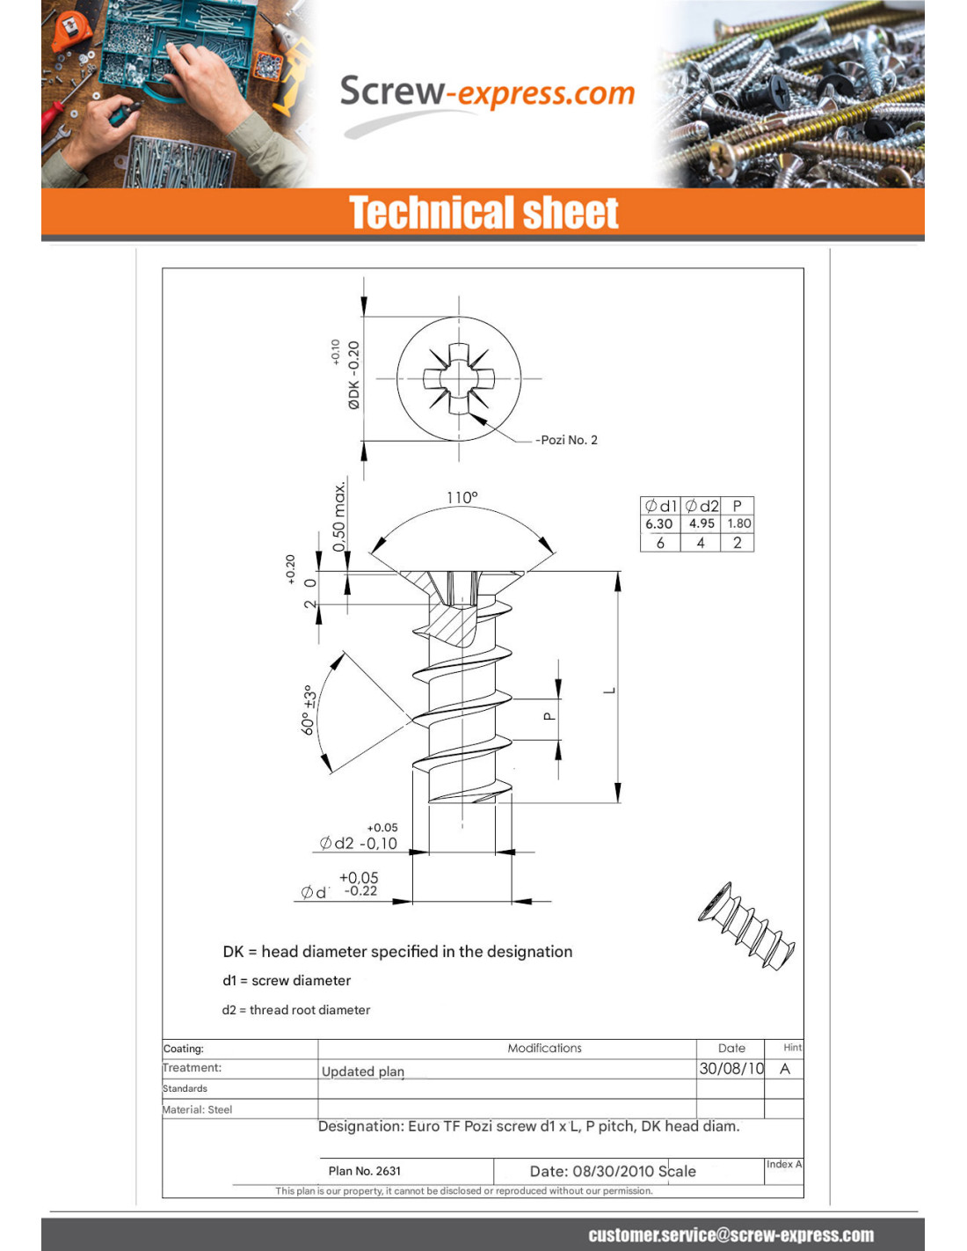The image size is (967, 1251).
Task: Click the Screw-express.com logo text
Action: click(487, 92)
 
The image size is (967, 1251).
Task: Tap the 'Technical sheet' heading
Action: click(484, 214)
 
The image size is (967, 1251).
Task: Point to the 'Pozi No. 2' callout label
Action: click(569, 440)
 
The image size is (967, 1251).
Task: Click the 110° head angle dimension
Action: click(462, 498)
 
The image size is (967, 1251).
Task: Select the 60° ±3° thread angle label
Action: click(309, 710)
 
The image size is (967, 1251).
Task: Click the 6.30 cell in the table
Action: click(659, 523)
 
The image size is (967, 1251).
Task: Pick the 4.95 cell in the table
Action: click(702, 523)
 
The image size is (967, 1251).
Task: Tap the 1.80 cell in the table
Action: click(739, 523)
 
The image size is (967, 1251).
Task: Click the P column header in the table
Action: click(738, 506)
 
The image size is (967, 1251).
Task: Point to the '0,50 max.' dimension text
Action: click(339, 516)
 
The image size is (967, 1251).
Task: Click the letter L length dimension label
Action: click(608, 691)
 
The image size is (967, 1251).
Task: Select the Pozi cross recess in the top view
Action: click(459, 379)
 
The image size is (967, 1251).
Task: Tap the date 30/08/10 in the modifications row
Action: click(731, 1069)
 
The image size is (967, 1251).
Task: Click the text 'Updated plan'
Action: click(363, 1072)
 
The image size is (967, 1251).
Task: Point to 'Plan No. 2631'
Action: click(365, 1171)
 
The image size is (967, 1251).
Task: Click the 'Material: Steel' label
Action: click(198, 1109)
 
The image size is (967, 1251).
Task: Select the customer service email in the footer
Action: click(731, 1235)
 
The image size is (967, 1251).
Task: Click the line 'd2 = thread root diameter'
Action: click(296, 1010)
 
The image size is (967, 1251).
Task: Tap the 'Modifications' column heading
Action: click(544, 1048)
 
